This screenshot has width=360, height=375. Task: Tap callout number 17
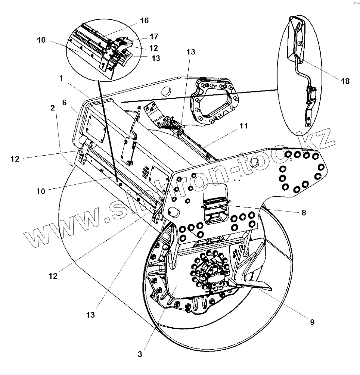point(153,37)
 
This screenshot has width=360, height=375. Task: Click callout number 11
point(243,126)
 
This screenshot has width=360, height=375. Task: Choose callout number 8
point(304,212)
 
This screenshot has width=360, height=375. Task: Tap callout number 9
point(312,322)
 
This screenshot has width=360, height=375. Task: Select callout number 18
point(345,81)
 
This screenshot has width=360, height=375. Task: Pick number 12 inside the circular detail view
point(153,48)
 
